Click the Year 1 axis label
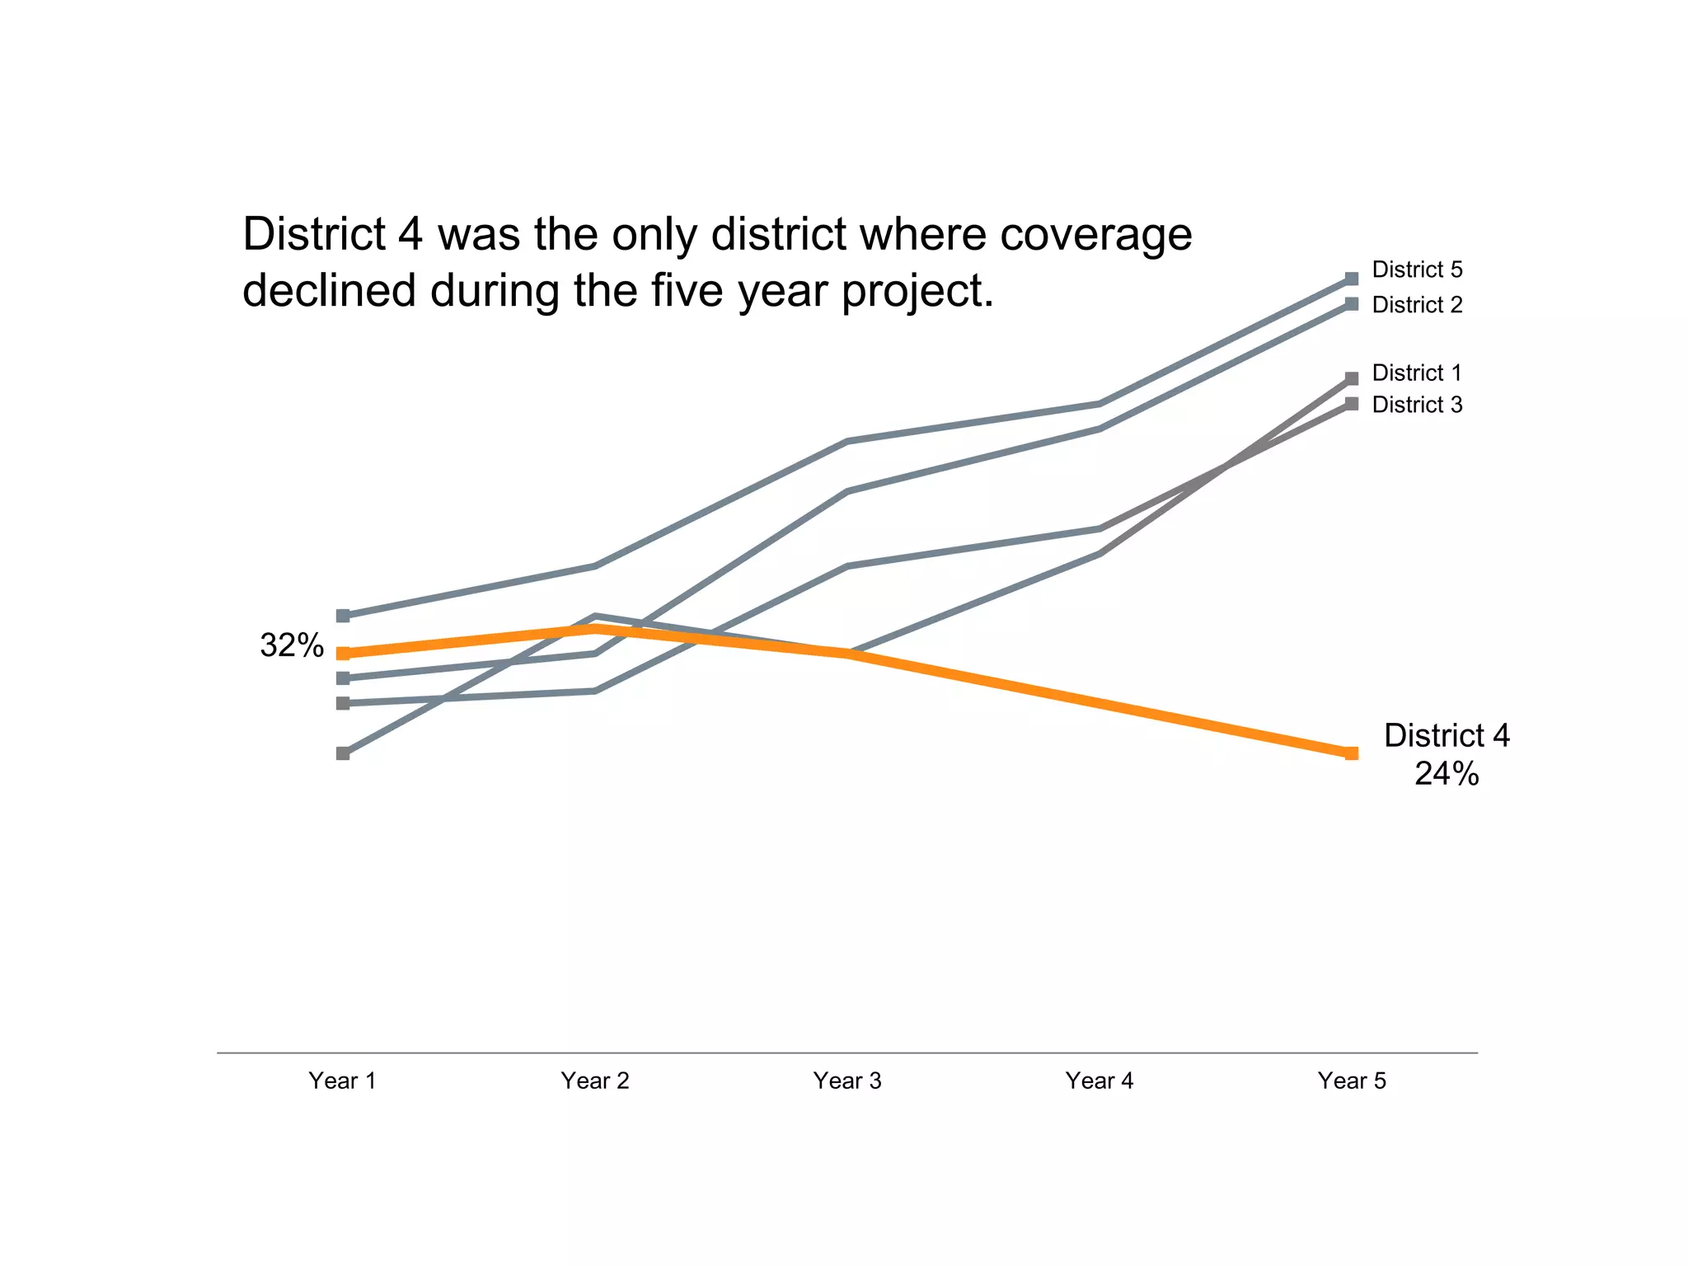coord(342,1081)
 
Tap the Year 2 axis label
coord(594,1081)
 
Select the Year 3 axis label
coord(846,1081)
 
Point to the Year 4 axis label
coord(1099,1081)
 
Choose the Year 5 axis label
coord(1351,1081)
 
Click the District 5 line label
coord(1417,270)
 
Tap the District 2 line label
coord(1417,305)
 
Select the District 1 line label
coord(1417,373)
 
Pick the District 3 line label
coord(1417,405)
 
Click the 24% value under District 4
coord(1447,774)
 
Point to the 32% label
coord(292,645)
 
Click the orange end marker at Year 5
coord(1352,753)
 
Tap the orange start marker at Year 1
coord(343,654)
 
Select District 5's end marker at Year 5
coord(1352,279)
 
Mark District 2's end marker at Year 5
coord(1352,304)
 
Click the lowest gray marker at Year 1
coord(343,753)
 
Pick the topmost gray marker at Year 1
coord(343,616)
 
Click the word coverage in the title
coord(1095,234)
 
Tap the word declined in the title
coord(329,290)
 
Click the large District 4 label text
coord(1447,735)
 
